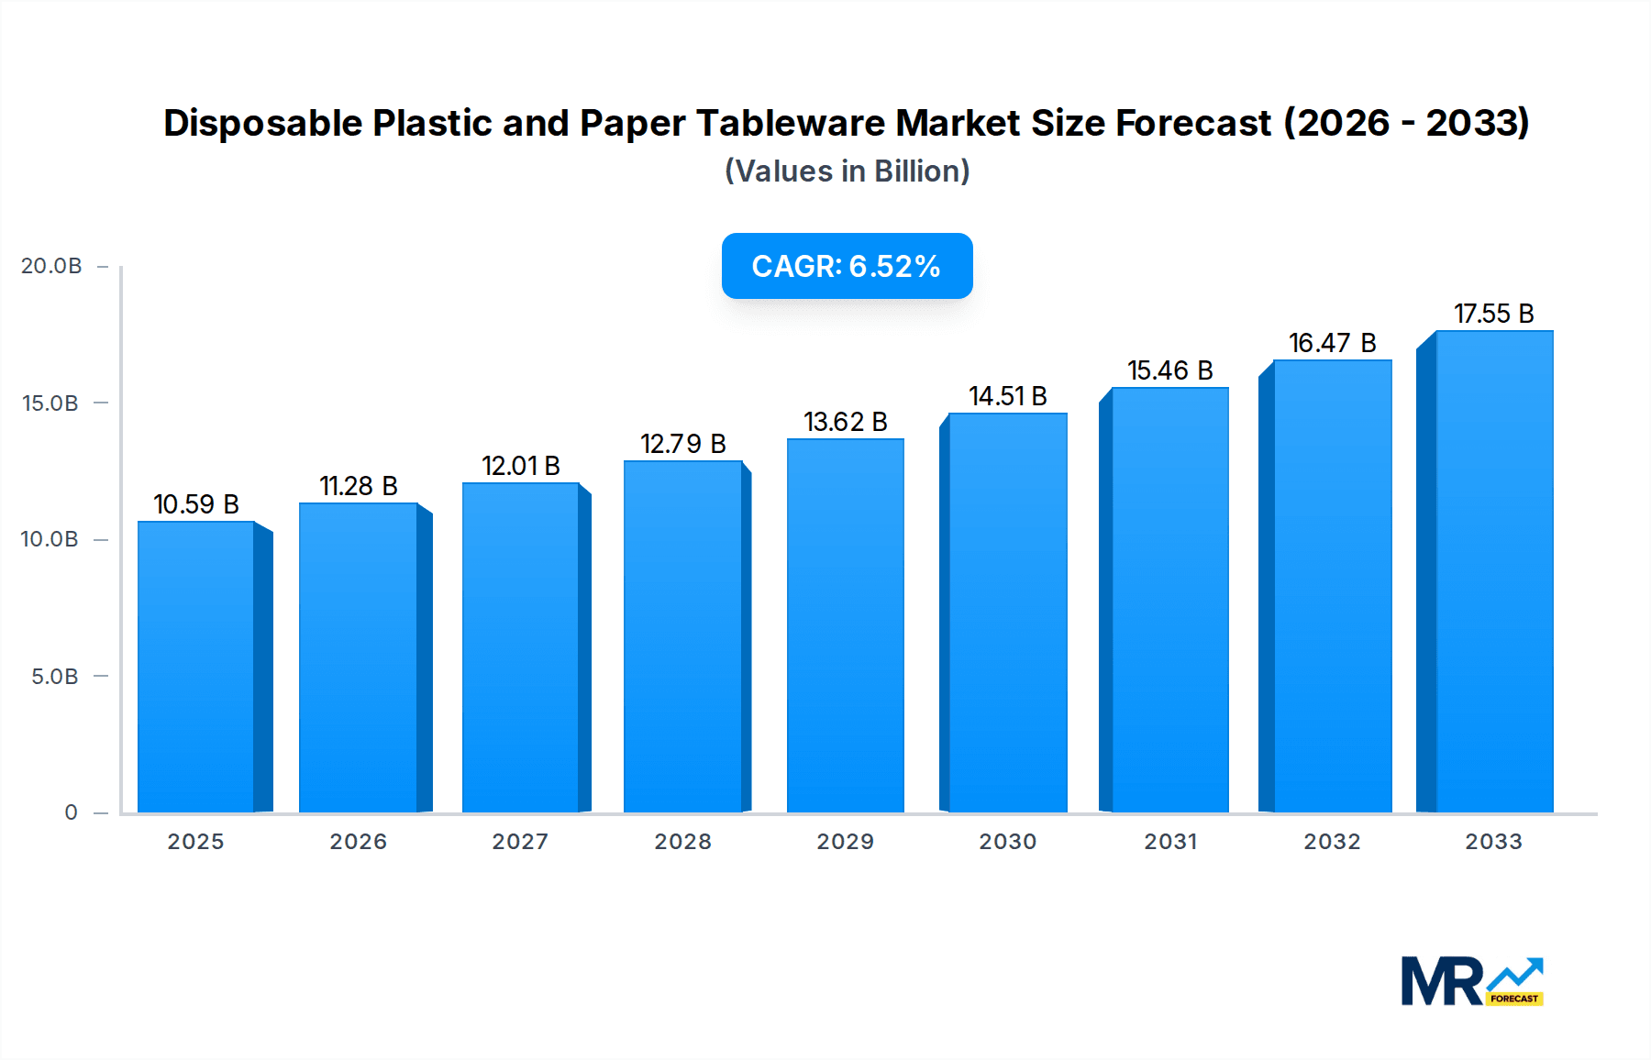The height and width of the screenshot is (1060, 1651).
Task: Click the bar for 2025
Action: [x=195, y=667]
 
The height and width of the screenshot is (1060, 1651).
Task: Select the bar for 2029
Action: [x=845, y=625]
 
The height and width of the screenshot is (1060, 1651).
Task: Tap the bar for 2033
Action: [x=1494, y=571]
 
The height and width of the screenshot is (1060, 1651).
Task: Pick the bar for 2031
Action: [x=1169, y=600]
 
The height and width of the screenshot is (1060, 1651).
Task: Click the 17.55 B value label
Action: [x=1493, y=314]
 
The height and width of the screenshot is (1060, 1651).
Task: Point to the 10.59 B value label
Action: [x=195, y=504]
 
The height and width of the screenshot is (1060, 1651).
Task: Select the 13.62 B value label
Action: [x=845, y=422]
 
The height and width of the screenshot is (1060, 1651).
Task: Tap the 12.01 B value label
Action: [x=520, y=466]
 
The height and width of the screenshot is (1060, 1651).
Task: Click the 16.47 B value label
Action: [x=1332, y=343]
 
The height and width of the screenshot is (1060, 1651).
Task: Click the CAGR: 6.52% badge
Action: [x=847, y=266]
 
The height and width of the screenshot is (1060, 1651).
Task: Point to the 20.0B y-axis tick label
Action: [x=51, y=266]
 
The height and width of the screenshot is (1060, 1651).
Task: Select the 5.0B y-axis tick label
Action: [x=55, y=677]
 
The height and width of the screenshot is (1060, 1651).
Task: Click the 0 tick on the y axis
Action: [x=71, y=812]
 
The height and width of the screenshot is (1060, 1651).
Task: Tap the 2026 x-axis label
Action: [x=358, y=842]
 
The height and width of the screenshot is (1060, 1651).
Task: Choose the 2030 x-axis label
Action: [x=1007, y=842]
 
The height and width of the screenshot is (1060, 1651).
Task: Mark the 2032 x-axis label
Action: [x=1332, y=842]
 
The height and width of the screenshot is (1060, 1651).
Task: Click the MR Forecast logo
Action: [x=1472, y=981]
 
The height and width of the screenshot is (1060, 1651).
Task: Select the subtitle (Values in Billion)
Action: [x=847, y=171]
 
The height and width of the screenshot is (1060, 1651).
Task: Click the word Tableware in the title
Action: [x=790, y=123]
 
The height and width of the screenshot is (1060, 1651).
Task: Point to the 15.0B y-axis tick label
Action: [x=50, y=403]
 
